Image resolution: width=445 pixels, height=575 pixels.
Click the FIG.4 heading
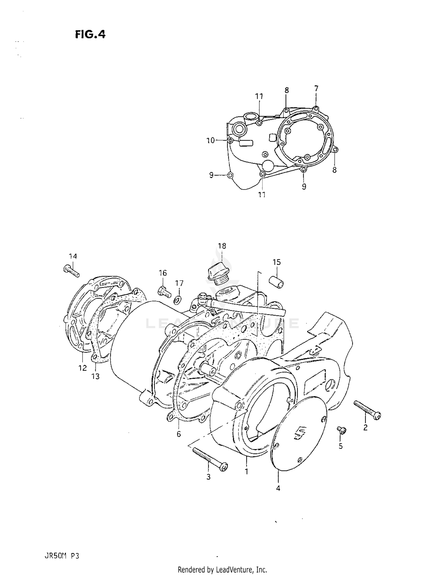[90, 35]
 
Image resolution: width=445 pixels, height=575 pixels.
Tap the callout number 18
[222, 246]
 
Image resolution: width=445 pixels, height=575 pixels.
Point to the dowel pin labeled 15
[276, 281]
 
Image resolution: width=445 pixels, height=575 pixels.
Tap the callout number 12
[82, 368]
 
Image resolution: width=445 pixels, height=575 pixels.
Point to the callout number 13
[96, 376]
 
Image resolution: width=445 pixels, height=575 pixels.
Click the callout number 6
[179, 434]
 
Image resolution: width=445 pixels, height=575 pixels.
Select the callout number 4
[278, 488]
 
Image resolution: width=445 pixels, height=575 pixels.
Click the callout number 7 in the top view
[316, 88]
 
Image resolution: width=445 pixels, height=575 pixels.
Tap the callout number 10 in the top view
[210, 141]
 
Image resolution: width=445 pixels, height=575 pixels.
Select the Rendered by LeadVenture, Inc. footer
[222, 568]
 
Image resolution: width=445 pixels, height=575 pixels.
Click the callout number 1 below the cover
[247, 471]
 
